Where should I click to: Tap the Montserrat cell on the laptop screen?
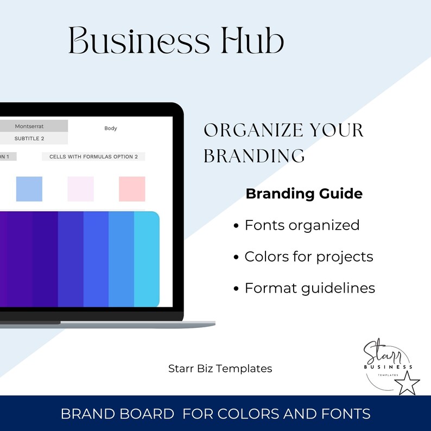29,126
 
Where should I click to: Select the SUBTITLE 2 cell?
29,138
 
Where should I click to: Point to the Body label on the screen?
111,129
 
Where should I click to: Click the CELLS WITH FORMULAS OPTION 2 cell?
93,157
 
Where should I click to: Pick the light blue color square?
29,189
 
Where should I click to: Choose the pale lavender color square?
80,189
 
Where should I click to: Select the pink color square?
132,189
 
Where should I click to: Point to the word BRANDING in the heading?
254,156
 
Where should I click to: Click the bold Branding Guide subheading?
304,194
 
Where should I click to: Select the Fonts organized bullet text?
302,225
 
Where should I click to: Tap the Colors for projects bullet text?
309,256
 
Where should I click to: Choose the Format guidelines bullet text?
310,288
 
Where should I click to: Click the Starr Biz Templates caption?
220,369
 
